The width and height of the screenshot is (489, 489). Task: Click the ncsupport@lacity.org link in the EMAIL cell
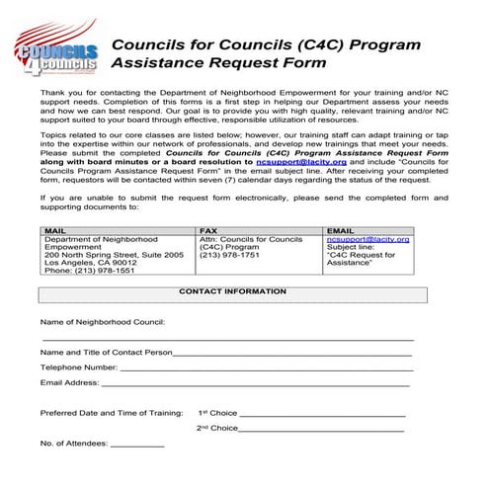click(x=367, y=239)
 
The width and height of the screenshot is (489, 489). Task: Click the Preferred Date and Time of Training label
click(x=111, y=413)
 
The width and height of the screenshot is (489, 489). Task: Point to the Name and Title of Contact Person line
click(x=292, y=352)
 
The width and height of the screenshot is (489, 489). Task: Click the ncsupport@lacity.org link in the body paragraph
click(x=300, y=161)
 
